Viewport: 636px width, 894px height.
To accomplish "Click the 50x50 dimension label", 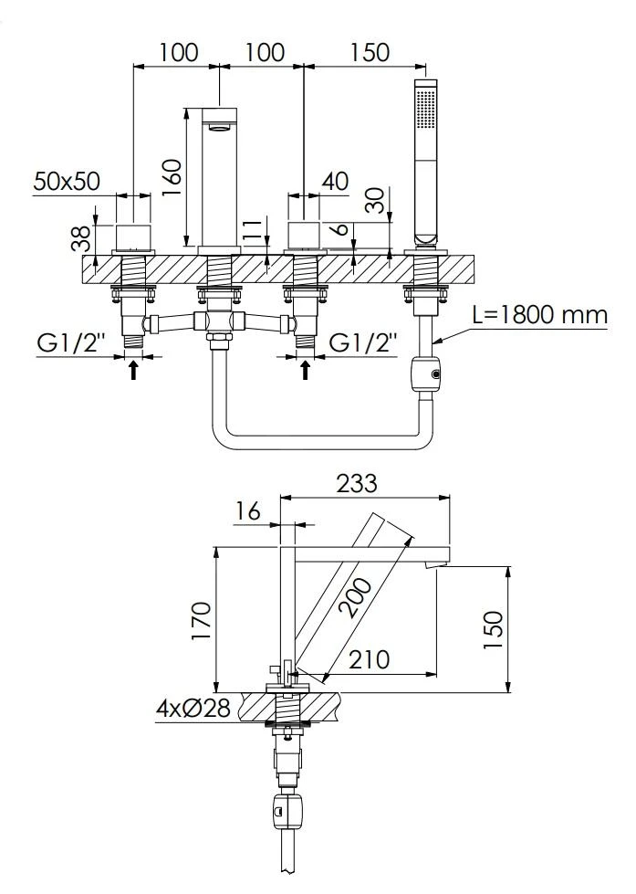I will pyautogui.click(x=68, y=181).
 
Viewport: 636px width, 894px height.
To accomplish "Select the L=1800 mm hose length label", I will pyautogui.click(x=540, y=316).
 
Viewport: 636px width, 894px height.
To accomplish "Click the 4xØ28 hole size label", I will pyautogui.click(x=193, y=707).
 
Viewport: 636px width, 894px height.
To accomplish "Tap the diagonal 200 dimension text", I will pyautogui.click(x=352, y=598).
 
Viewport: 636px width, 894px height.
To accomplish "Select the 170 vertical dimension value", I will pyautogui.click(x=201, y=621).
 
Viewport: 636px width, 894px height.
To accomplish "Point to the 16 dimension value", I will pyautogui.click(x=246, y=511).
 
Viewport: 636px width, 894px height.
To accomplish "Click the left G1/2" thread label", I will pyautogui.click(x=71, y=343).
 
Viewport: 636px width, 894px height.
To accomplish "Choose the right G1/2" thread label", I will pyautogui.click(x=363, y=343).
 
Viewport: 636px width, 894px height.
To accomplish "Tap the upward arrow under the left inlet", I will pyautogui.click(x=134, y=369).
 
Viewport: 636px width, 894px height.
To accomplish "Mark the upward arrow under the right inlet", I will pyautogui.click(x=305, y=369).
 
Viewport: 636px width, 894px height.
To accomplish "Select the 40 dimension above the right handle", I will pyautogui.click(x=335, y=181).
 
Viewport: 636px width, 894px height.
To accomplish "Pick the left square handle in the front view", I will pyautogui.click(x=134, y=234).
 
